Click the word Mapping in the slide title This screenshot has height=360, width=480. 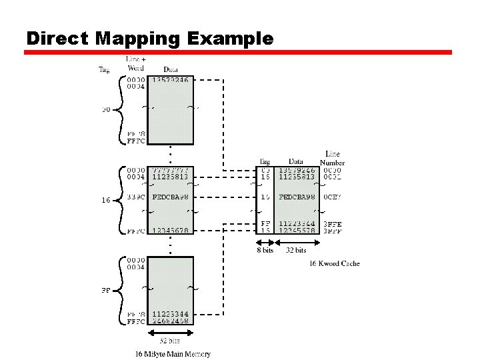(137, 39)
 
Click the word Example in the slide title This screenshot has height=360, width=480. (230, 39)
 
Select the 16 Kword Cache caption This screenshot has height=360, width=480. (334, 263)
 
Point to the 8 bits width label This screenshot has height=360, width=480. (265, 251)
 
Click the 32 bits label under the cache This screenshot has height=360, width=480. (296, 251)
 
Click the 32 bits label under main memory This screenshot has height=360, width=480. (169, 340)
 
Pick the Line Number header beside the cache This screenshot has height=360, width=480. (332, 158)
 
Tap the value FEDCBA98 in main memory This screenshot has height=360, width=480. (171, 197)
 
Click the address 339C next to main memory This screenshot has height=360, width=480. (136, 197)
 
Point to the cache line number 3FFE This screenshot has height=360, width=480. (332, 224)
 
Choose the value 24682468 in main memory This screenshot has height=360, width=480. (171, 321)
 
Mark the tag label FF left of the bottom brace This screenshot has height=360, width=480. (105, 291)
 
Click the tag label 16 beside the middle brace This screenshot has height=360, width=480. (105, 200)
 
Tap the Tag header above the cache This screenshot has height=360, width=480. (265, 161)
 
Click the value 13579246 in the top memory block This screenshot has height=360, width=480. (171, 79)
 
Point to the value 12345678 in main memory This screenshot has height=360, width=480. (171, 231)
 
